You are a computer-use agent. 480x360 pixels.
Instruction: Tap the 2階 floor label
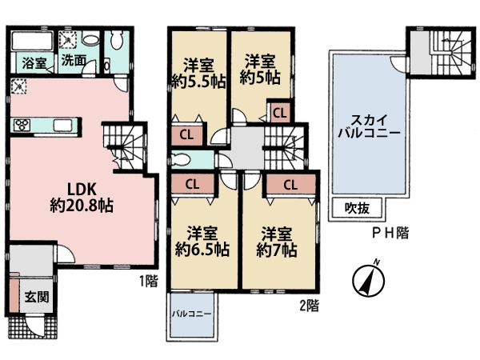pos(309,305)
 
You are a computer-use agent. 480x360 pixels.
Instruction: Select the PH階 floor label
pos(390,233)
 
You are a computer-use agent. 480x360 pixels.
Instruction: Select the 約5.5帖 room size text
pos(197,79)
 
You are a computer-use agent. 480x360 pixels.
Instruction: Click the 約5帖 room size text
pos(261,78)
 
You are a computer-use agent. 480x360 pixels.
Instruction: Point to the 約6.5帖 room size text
pos(202,250)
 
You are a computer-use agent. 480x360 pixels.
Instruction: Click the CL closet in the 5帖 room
pos(279,114)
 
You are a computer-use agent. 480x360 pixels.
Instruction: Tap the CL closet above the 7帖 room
pos(290,184)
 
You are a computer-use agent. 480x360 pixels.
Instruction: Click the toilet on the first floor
pos(117,41)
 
